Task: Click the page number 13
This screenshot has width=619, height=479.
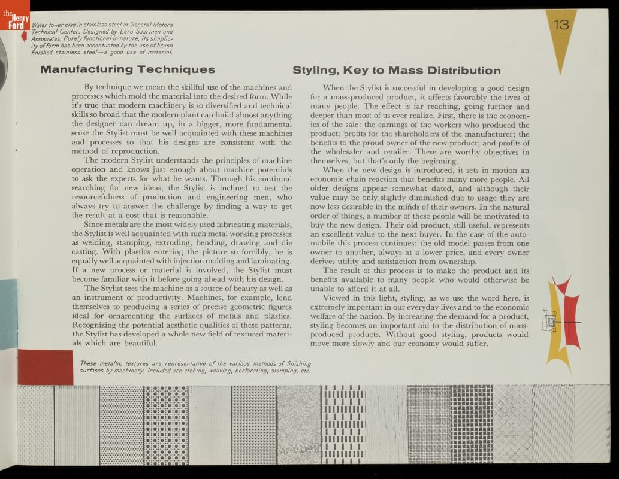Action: pyautogui.click(x=561, y=25)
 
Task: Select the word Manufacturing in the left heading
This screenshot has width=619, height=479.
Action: pyautogui.click(x=87, y=69)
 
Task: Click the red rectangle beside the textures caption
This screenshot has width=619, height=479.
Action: pyautogui.click(x=46, y=367)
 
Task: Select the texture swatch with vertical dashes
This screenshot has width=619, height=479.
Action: pyautogui.click(x=343, y=424)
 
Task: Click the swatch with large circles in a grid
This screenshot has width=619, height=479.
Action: pyautogui.click(x=166, y=424)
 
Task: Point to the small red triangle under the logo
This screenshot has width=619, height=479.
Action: pyautogui.click(x=24, y=36)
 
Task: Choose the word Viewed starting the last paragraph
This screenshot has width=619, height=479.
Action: pyautogui.click(x=337, y=298)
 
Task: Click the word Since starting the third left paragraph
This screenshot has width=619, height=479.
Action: pyautogui.click(x=96, y=224)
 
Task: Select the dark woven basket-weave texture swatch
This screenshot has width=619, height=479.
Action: pyautogui.click(x=471, y=424)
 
